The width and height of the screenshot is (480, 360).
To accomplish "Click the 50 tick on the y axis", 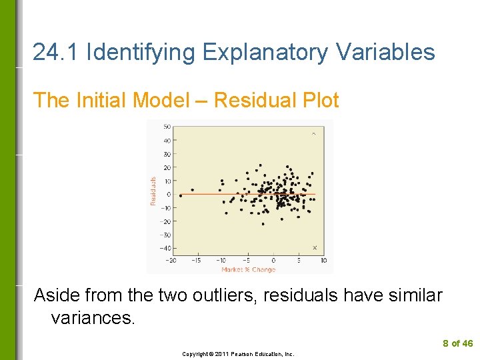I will [167, 127].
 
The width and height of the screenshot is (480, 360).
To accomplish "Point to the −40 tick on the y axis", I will [165, 248].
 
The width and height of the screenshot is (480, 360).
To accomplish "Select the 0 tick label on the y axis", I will [168, 194].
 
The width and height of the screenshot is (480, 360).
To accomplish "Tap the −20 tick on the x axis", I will [172, 260].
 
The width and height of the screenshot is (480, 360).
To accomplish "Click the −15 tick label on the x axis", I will [196, 260].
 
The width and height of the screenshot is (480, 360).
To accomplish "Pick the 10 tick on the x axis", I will [323, 260].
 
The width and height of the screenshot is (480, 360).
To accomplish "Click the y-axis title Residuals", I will [153, 191].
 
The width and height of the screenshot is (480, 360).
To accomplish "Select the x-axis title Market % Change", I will [248, 269].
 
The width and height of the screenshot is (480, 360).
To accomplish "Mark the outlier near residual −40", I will [315, 248].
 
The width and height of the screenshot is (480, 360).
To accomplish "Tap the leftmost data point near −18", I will [180, 195].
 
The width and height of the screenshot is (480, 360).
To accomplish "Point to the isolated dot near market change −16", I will [193, 190].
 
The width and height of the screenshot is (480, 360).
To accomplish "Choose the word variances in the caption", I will [93, 317].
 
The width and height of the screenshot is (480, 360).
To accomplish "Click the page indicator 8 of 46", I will [457, 343].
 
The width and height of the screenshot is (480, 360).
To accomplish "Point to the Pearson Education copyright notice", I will [238, 354].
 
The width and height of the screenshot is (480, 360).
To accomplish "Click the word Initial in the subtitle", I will [102, 100].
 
